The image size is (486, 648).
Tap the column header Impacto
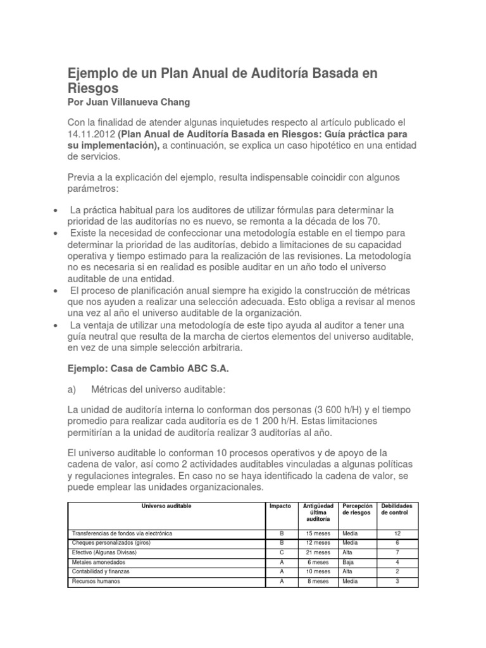[x=280, y=507]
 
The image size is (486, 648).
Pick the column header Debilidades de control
[x=396, y=509]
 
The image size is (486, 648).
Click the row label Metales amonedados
[x=99, y=562]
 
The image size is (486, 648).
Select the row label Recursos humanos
[x=97, y=581]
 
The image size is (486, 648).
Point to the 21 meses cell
[x=316, y=552]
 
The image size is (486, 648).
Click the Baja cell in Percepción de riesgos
[x=349, y=562]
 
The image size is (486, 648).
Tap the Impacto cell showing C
[x=280, y=552]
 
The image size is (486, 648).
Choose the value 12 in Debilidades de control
[x=396, y=533]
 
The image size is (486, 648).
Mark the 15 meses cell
[x=316, y=533]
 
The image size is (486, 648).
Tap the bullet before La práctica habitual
[x=58, y=209]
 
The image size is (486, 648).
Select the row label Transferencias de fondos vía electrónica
[x=121, y=533]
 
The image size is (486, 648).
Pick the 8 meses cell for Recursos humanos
[x=316, y=581]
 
